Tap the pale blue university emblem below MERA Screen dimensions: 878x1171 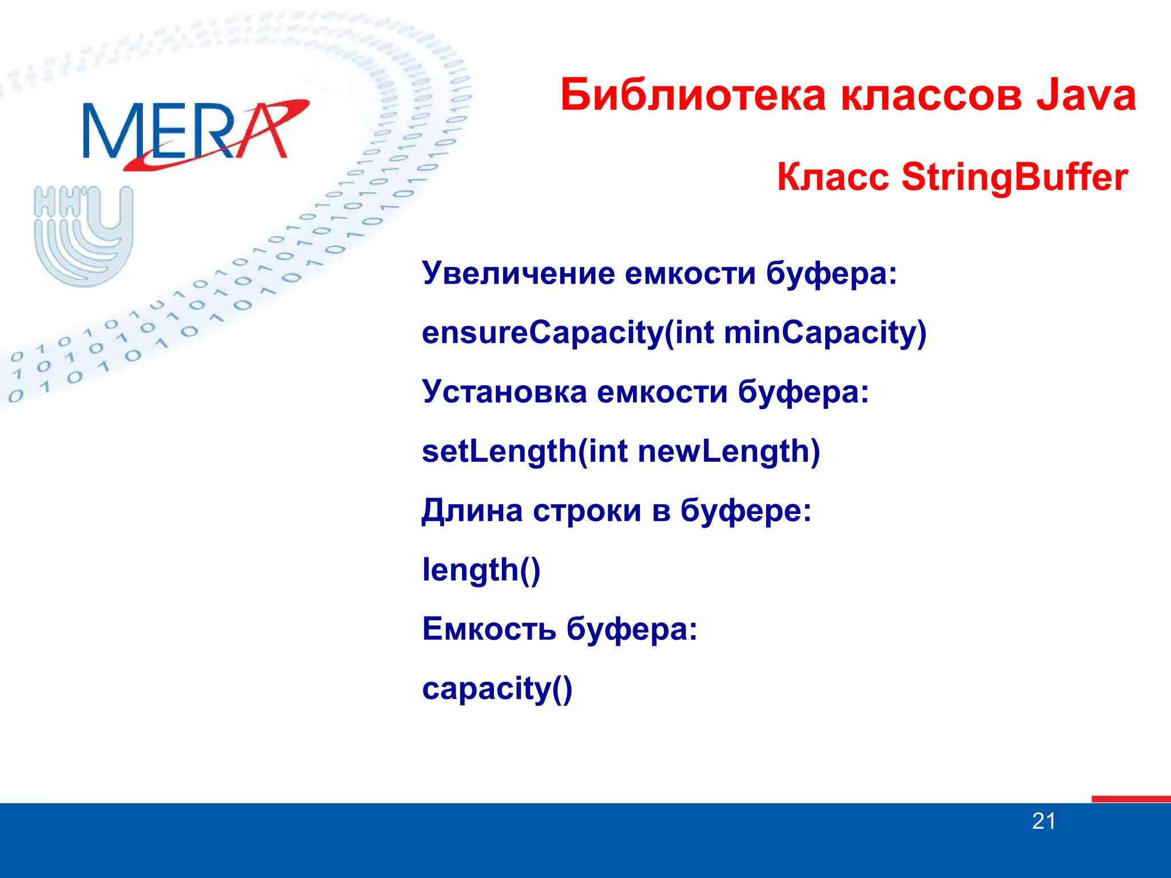click(x=84, y=236)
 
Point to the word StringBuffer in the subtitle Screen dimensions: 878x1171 click(x=1014, y=177)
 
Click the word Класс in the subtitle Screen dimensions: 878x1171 click(x=833, y=177)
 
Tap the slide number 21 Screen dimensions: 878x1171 click(x=1043, y=821)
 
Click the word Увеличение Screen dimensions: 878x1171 click(x=517, y=273)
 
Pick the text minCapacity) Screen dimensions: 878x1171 click(x=825, y=333)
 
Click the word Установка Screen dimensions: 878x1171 click(x=504, y=392)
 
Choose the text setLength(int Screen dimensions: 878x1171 click(x=524, y=452)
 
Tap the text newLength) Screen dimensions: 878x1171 click(x=729, y=452)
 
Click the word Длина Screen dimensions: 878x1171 click(x=472, y=510)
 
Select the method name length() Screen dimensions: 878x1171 click(x=481, y=570)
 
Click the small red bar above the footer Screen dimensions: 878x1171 click(x=1130, y=799)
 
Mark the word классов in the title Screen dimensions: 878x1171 click(x=931, y=95)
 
